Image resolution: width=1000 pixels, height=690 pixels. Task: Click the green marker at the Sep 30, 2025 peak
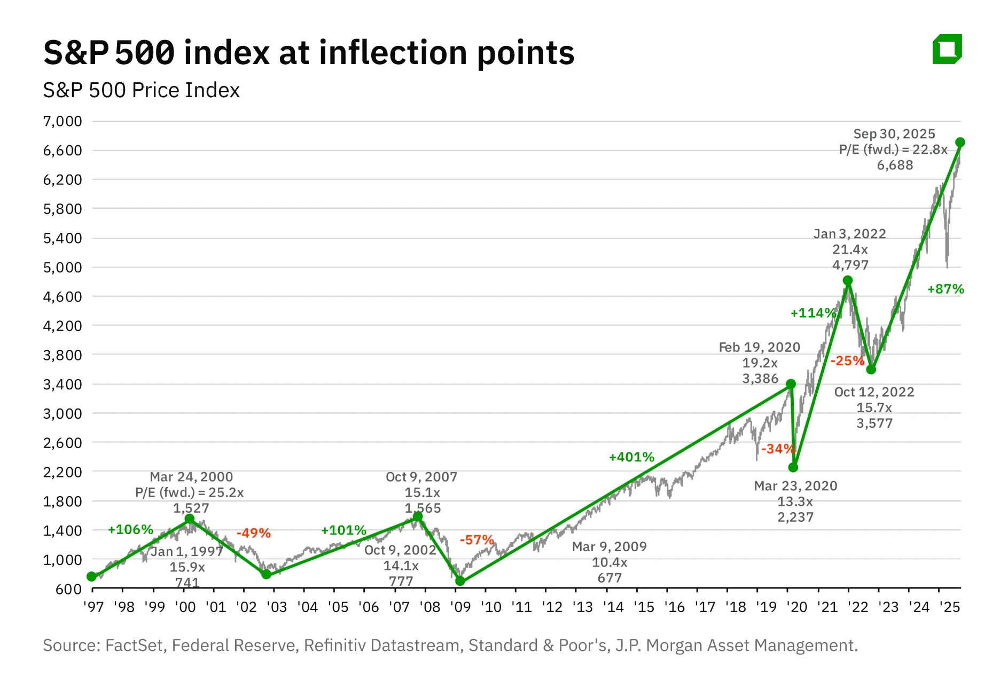click(x=960, y=142)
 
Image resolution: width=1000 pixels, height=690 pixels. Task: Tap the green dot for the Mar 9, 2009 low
click(x=460, y=581)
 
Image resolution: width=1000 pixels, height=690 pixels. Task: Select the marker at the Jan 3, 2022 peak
click(x=848, y=280)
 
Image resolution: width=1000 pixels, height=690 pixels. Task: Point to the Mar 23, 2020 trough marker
click(x=793, y=467)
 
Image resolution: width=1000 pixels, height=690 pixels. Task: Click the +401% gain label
click(x=631, y=457)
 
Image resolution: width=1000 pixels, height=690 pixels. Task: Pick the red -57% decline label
click(x=477, y=540)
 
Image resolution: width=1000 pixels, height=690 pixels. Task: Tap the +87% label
click(x=946, y=289)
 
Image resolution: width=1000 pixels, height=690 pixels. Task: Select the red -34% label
click(x=778, y=449)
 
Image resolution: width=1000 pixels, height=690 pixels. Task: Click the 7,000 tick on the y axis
click(x=62, y=121)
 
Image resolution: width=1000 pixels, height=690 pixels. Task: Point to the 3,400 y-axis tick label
click(x=62, y=384)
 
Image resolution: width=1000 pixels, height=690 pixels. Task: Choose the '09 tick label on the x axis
click(x=460, y=607)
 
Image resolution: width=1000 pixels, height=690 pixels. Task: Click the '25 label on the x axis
click(x=950, y=607)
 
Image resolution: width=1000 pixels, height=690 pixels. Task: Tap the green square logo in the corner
click(x=947, y=49)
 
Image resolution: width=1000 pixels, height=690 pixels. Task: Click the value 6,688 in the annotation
click(x=895, y=165)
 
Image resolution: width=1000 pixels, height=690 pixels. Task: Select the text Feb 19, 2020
click(x=759, y=347)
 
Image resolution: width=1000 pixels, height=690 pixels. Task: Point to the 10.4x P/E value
click(x=610, y=562)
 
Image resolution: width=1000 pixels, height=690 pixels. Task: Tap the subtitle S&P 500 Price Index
click(x=142, y=90)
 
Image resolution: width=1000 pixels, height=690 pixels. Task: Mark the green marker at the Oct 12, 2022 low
click(x=871, y=370)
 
